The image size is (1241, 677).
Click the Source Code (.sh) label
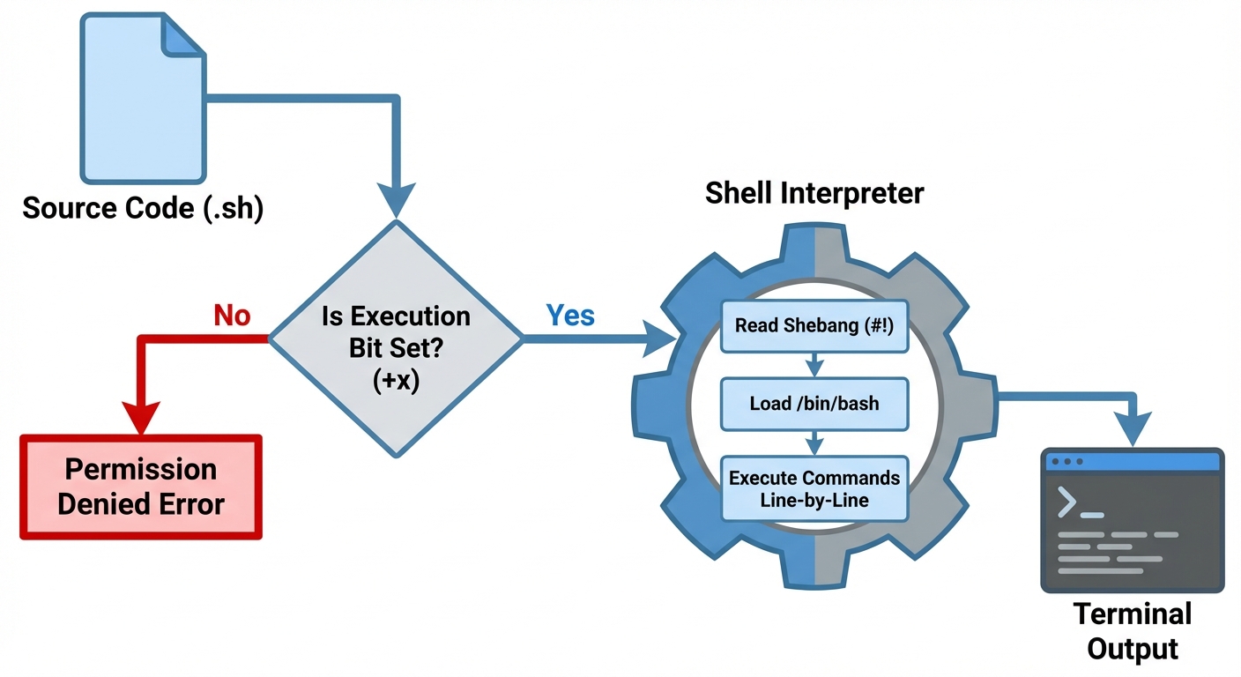[143, 209]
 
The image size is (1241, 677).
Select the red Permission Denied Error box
[141, 486]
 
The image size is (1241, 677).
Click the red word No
[232, 316]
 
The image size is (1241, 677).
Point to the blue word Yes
[570, 315]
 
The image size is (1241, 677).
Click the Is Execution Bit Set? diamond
[396, 338]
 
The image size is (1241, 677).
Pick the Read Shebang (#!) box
[814, 326]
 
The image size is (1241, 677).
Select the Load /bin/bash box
[814, 404]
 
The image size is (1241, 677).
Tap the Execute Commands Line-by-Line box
[814, 488]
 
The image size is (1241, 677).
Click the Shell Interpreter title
[814, 193]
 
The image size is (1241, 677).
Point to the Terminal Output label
[1132, 631]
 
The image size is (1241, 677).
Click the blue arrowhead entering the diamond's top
[396, 201]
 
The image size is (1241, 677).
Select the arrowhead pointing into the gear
[663, 338]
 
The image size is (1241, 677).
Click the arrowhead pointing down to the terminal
[1142, 429]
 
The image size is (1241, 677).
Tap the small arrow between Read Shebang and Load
[814, 365]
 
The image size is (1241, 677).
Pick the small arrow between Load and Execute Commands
[814, 443]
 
